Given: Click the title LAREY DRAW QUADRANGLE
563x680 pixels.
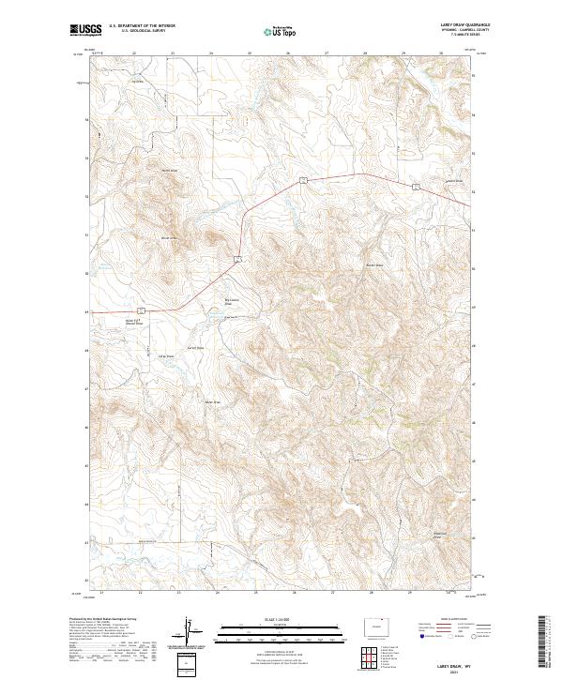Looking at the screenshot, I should point(457,25).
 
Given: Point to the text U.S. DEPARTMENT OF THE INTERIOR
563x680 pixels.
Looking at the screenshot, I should point(142,26).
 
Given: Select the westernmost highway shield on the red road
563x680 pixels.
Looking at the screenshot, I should point(139,308).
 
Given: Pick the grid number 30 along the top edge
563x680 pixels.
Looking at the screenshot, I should point(441,53).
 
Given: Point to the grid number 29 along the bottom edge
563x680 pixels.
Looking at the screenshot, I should point(410,593).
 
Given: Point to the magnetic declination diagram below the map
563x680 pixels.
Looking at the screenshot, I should point(187,634).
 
